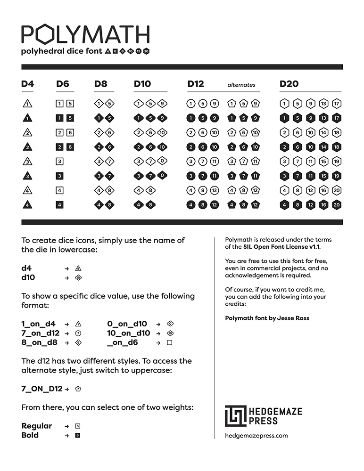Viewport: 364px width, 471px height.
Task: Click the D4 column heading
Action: pos(28,84)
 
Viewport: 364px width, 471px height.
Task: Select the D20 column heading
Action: pos(289,84)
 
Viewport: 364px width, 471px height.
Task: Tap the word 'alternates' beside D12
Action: pos(241,85)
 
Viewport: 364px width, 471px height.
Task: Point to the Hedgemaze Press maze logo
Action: pos(236,416)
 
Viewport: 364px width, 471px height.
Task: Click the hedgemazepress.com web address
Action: pos(256,436)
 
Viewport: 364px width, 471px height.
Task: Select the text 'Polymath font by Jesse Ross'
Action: pos(267,318)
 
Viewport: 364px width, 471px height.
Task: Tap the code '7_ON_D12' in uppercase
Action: pos(42,389)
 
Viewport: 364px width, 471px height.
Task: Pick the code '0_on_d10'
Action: pos(127,324)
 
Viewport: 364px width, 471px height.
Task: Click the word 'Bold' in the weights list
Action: pos(30,435)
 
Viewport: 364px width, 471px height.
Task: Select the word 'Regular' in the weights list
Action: pos(37,426)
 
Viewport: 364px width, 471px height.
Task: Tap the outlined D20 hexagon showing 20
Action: pos(337,190)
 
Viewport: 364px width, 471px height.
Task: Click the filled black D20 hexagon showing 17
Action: pos(337,118)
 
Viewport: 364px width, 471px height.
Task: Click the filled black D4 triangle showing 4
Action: pos(28,205)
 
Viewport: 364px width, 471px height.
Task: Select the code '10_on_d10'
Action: pos(129,333)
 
